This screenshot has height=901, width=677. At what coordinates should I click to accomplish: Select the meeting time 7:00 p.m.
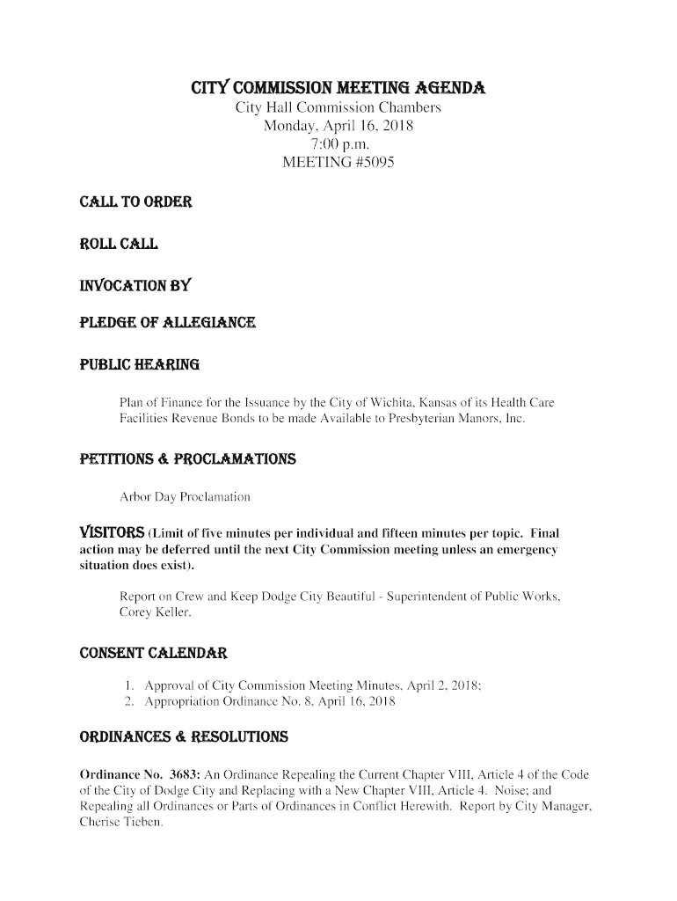(x=338, y=144)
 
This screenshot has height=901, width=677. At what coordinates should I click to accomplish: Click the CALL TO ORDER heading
(x=135, y=201)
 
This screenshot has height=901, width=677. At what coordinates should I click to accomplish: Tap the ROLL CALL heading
(x=120, y=244)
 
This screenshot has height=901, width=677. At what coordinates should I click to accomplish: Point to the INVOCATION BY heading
(x=135, y=286)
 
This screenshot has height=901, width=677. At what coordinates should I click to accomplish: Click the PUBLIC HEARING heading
(x=140, y=364)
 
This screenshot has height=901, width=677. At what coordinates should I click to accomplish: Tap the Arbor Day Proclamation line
(x=185, y=498)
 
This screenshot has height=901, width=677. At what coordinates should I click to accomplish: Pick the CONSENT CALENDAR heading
(x=154, y=654)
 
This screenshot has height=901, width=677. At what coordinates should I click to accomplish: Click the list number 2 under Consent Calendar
(x=127, y=702)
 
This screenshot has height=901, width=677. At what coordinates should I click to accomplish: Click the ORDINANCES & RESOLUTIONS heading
(x=183, y=736)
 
